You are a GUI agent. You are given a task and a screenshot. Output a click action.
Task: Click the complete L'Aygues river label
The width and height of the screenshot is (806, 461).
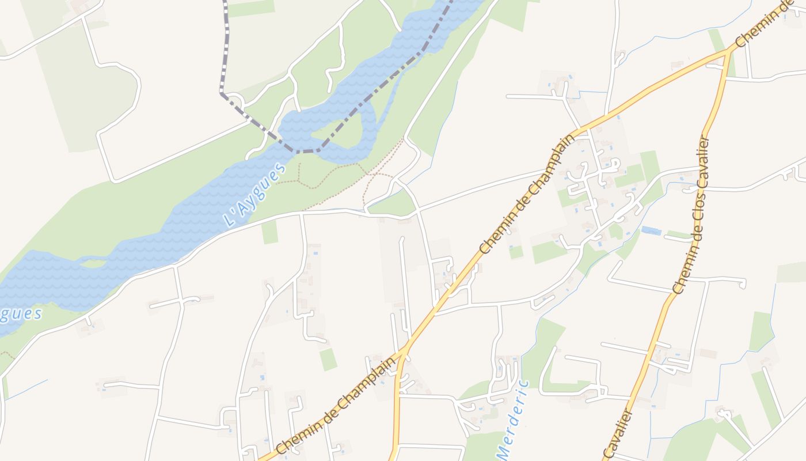pyautogui.click(x=254, y=195)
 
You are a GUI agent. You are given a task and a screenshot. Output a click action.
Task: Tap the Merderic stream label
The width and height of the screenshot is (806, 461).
pyautogui.click(x=511, y=420)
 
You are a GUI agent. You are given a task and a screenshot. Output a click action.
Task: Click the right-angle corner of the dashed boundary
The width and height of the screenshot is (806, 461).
pyautogui.click(x=222, y=93)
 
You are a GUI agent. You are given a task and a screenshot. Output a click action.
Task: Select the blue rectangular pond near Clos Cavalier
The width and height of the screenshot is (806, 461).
pyautogui.click(x=651, y=231)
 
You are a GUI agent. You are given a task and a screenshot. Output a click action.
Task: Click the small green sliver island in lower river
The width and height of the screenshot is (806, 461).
pyautogui.click(x=92, y=263)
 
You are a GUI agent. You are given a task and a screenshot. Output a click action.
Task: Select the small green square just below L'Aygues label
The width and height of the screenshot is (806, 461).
pyautogui.click(x=269, y=232)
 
